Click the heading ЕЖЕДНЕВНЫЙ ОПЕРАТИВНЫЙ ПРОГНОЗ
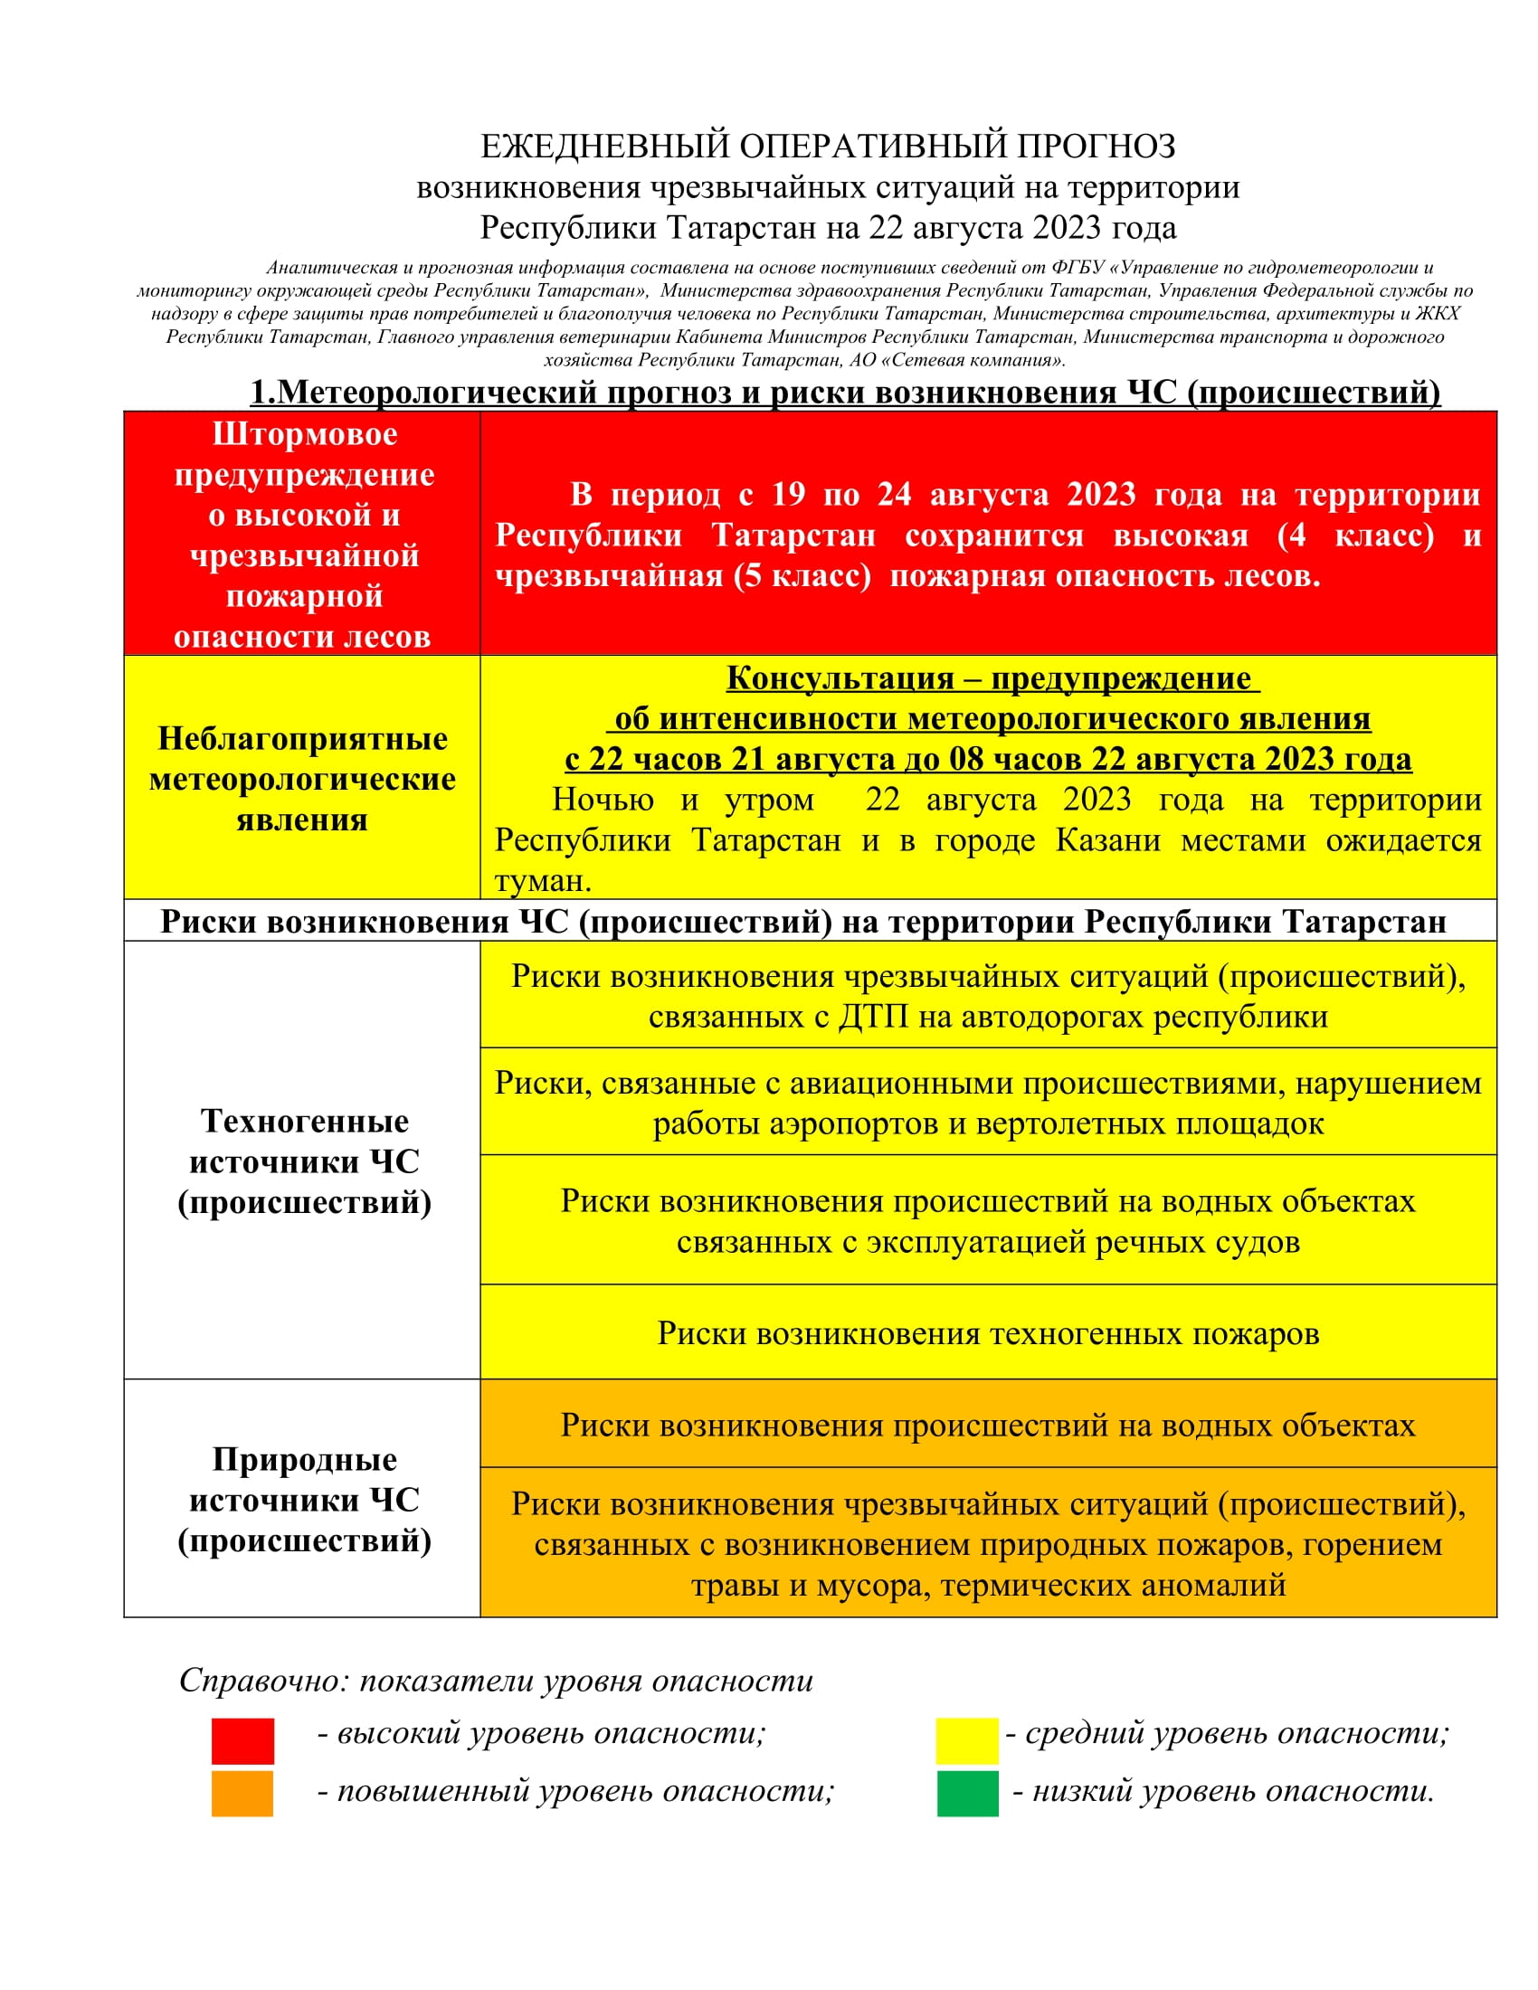827,146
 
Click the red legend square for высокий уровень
242,1740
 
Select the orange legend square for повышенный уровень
242,1793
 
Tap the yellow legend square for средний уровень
967,1740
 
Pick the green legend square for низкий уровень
968,1793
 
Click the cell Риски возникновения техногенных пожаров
988,1333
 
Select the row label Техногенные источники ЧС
304,1161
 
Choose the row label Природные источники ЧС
304,1500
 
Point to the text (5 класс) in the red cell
802,576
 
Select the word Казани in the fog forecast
1107,840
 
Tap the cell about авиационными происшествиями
988,1103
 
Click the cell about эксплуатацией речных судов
988,1221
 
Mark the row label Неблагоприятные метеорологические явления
302,779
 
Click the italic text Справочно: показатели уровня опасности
496,1681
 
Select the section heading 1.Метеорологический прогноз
845,392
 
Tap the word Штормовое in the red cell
304,434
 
